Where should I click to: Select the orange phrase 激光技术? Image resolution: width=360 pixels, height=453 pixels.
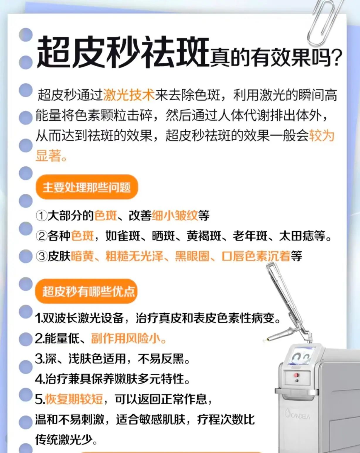129,95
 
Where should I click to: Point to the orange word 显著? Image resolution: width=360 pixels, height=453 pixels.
48,156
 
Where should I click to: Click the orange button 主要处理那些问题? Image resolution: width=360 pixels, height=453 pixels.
87,187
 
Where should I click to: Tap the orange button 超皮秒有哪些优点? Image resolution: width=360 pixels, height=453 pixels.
87,291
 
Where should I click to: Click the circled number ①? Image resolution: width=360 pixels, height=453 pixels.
41,216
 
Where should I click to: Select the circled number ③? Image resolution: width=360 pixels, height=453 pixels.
41,256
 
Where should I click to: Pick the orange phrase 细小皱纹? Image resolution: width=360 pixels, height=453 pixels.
175,216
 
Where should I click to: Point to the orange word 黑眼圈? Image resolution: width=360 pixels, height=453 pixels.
192,256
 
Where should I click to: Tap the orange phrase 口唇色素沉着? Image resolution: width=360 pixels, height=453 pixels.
256,256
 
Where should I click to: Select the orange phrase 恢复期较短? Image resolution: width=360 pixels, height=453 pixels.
74,399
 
